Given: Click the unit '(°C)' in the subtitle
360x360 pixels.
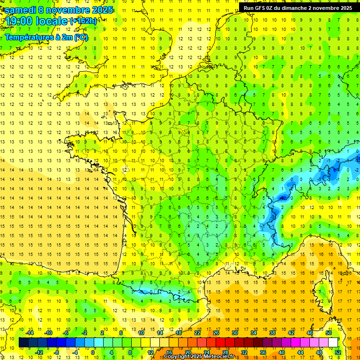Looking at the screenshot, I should click(x=80, y=37).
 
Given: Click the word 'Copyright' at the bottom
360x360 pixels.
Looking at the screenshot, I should click(x=177, y=357).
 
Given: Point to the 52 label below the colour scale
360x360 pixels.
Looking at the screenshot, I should click(x=338, y=352).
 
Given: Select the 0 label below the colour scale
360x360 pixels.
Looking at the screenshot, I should click(x=93, y=352).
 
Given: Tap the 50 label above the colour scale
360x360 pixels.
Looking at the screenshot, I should click(x=329, y=333).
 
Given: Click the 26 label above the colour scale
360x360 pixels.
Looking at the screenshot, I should click(x=216, y=333).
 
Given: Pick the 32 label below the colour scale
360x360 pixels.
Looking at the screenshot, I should click(x=244, y=352).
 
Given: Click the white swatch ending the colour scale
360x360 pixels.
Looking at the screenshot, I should click(x=333, y=342).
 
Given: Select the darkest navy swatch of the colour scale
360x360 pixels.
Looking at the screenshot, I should click(x=23, y=342).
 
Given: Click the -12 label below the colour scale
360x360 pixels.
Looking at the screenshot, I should click(x=39, y=352).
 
